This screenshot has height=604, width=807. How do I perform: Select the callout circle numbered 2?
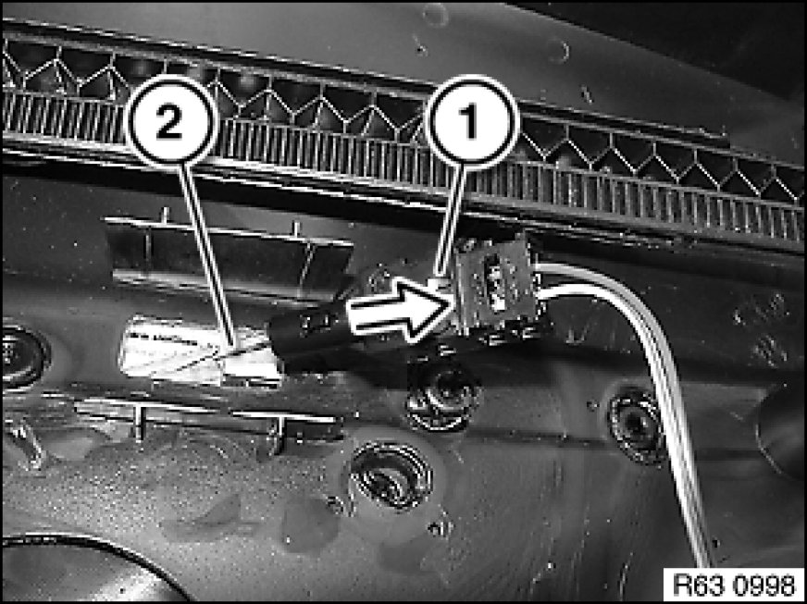(x=171, y=123)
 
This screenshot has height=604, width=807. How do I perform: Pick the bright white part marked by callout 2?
(x=201, y=351)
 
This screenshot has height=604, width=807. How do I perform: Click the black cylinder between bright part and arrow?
(x=308, y=337)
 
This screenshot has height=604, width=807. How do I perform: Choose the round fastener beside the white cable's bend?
(x=637, y=425)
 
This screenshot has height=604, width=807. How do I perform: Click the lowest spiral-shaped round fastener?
(x=391, y=475)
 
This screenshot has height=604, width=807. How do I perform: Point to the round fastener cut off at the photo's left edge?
(x=22, y=356)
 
